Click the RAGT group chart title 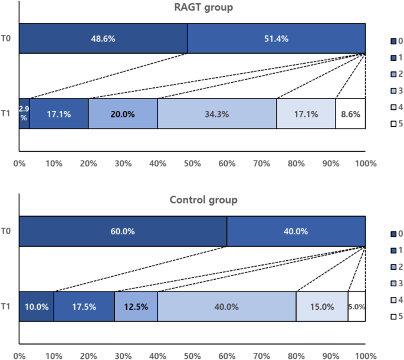tap(193, 7)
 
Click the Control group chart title tap(193, 199)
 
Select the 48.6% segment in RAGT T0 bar tap(103, 38)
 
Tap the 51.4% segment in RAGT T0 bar tap(277, 38)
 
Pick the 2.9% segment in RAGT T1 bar tap(24, 113)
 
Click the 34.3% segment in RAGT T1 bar tap(217, 113)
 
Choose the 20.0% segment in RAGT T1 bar tap(123, 113)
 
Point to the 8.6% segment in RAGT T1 tap(350, 113)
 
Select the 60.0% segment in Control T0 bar tap(123, 231)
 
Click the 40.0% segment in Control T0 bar tap(296, 231)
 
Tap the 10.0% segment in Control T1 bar tap(37, 306)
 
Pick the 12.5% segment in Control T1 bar tap(136, 306)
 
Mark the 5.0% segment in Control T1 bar tap(357, 306)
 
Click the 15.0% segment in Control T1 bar tap(322, 306)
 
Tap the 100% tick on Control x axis tap(365, 356)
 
